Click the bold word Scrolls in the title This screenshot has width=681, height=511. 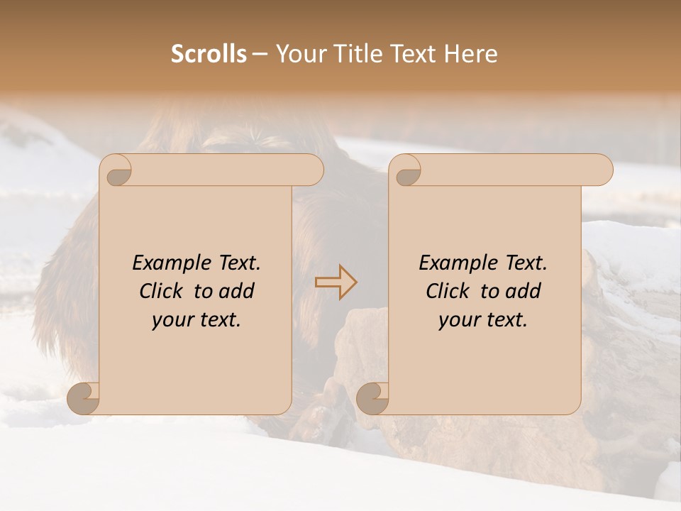[x=209, y=54]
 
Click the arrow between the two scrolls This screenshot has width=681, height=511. [x=336, y=282]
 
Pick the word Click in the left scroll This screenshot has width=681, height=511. [x=164, y=291]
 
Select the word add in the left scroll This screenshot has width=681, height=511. [x=236, y=291]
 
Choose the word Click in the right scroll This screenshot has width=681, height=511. [x=450, y=291]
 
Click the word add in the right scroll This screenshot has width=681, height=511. [x=523, y=291]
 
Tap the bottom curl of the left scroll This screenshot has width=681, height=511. [x=83, y=398]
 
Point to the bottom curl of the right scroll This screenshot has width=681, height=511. [x=372, y=398]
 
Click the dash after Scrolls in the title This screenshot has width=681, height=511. [x=260, y=54]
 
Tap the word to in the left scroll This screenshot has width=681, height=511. [x=204, y=291]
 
